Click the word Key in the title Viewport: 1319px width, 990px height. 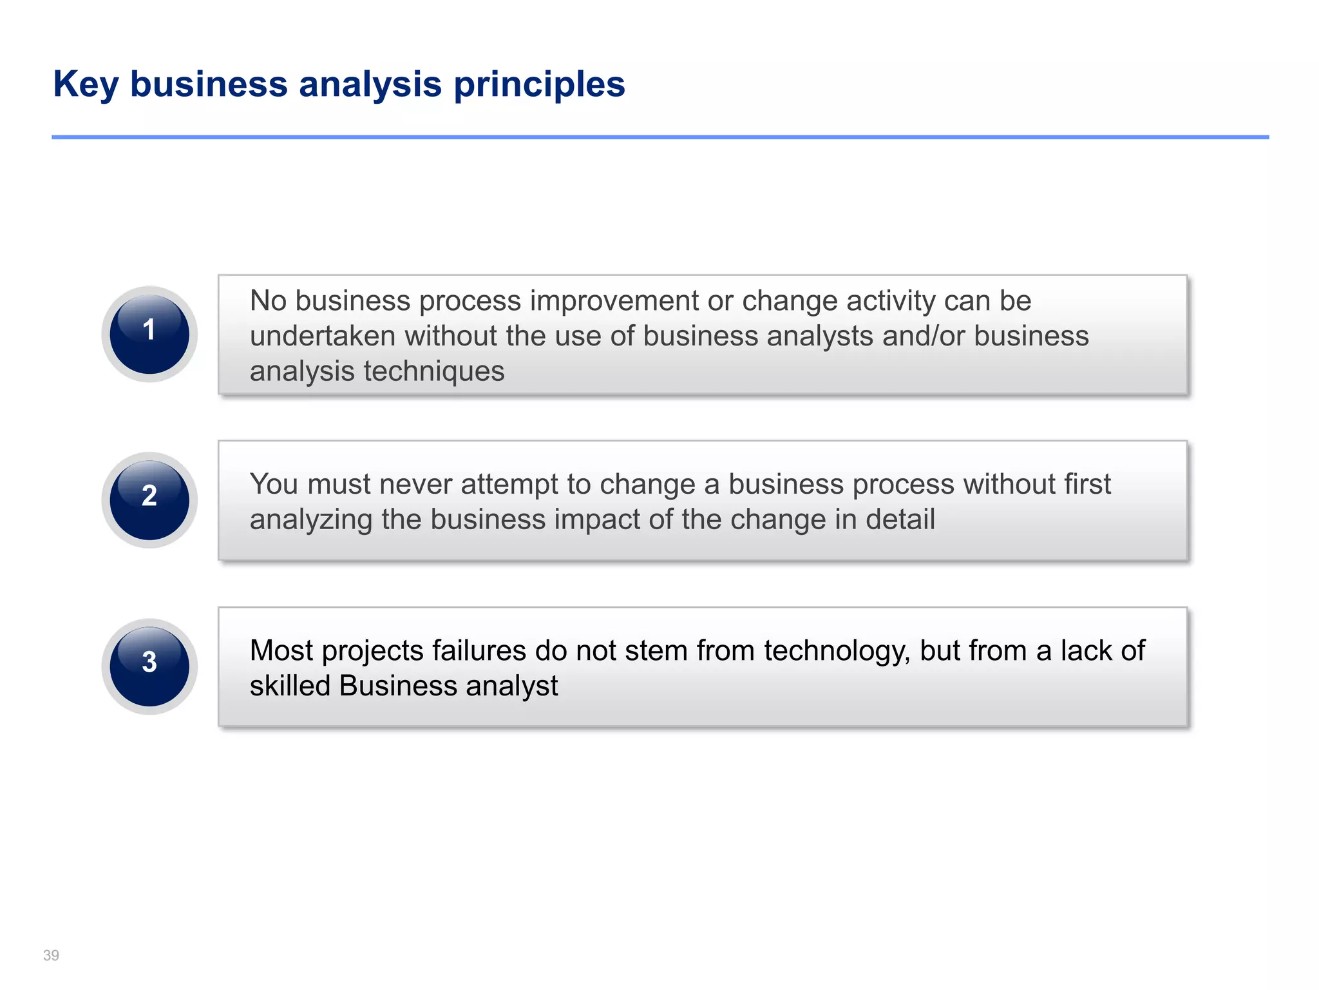point(86,84)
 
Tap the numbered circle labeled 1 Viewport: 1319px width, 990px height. point(149,334)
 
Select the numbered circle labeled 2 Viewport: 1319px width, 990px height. point(149,500)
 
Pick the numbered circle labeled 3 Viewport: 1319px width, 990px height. point(149,666)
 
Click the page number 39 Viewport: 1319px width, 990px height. point(51,955)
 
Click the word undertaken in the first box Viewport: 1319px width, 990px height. point(322,336)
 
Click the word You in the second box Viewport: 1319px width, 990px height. point(273,484)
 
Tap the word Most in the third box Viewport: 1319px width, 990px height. point(281,650)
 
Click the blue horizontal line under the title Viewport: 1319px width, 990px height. point(659,137)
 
